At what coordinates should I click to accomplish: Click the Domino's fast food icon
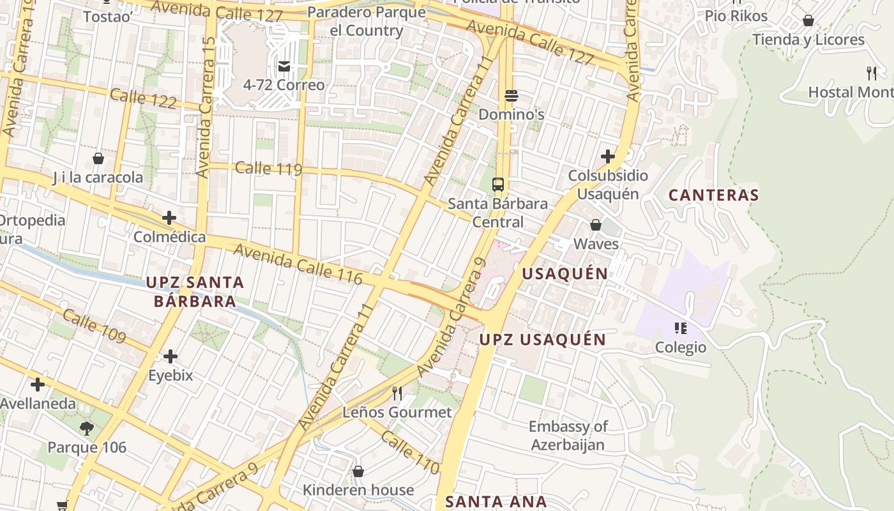click(511, 96)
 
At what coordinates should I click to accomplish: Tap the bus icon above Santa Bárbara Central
click(498, 185)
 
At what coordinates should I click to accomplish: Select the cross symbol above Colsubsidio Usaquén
click(608, 156)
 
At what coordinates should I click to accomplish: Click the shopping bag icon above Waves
click(596, 225)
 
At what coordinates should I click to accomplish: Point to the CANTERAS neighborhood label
click(713, 195)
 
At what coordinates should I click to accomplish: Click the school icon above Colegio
click(681, 328)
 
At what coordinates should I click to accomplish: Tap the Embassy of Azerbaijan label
click(568, 436)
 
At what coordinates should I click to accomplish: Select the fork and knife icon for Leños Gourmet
click(397, 393)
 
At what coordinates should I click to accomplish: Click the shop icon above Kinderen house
click(358, 471)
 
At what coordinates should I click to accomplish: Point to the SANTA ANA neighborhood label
click(496, 502)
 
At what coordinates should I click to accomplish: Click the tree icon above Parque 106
click(87, 428)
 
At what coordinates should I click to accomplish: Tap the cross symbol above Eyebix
click(170, 356)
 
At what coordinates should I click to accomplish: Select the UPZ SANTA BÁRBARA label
click(195, 291)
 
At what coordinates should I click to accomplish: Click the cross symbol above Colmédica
click(169, 218)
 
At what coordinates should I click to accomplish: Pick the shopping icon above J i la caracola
click(98, 158)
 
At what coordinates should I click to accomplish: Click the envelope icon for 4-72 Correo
click(284, 66)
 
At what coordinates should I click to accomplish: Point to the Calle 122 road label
click(143, 99)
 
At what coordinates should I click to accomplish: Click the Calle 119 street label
click(268, 169)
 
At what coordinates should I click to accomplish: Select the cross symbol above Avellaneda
click(38, 385)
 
